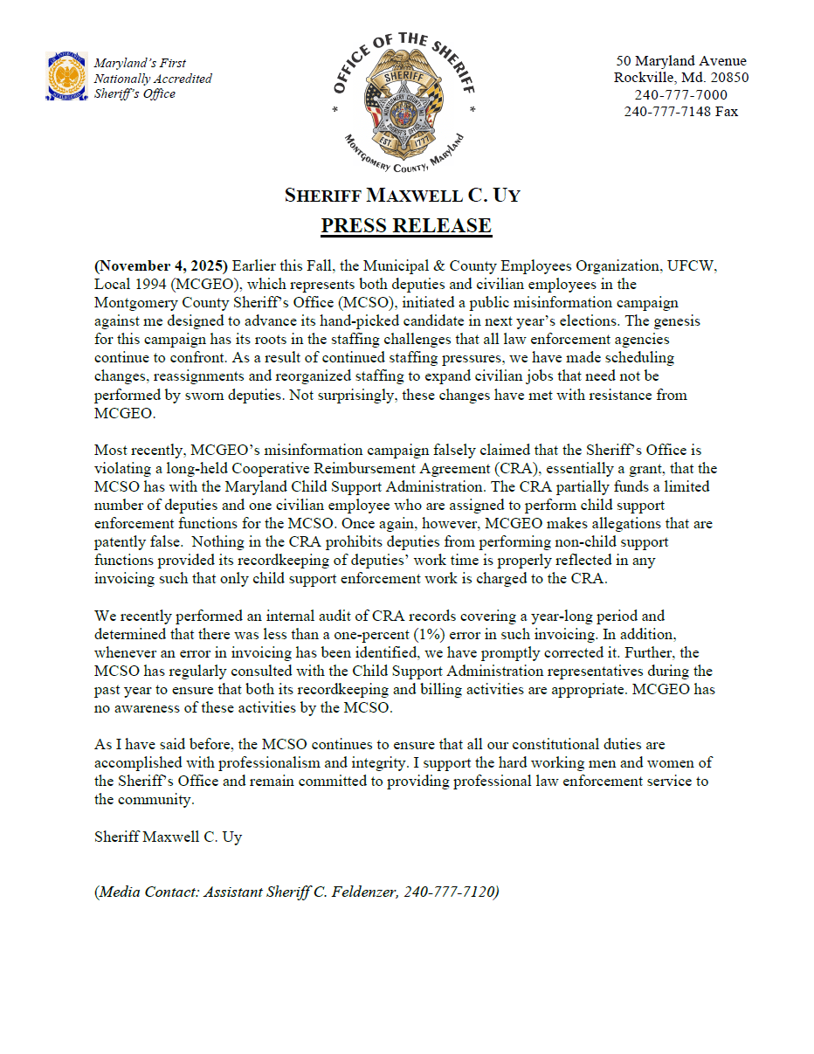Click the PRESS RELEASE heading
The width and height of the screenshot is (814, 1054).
[406, 226]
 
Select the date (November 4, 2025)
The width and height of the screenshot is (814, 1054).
[161, 265]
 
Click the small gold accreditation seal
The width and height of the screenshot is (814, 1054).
[66, 76]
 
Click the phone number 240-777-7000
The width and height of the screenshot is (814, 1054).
[680, 94]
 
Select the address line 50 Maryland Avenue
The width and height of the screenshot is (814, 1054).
[680, 61]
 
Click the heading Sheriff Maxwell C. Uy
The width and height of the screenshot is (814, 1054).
[403, 195]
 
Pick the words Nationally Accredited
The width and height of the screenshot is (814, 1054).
[153, 79]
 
